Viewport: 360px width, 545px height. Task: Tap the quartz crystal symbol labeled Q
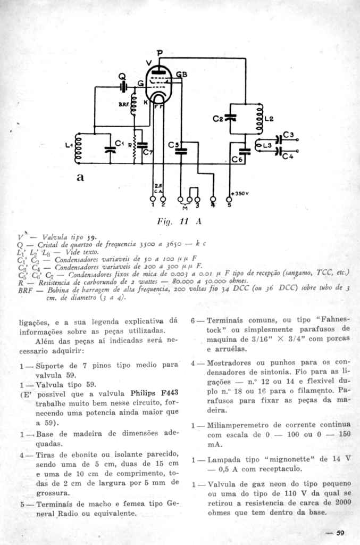pyautogui.click(x=123, y=85)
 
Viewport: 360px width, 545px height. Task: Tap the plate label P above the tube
pyautogui.click(x=160, y=53)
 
